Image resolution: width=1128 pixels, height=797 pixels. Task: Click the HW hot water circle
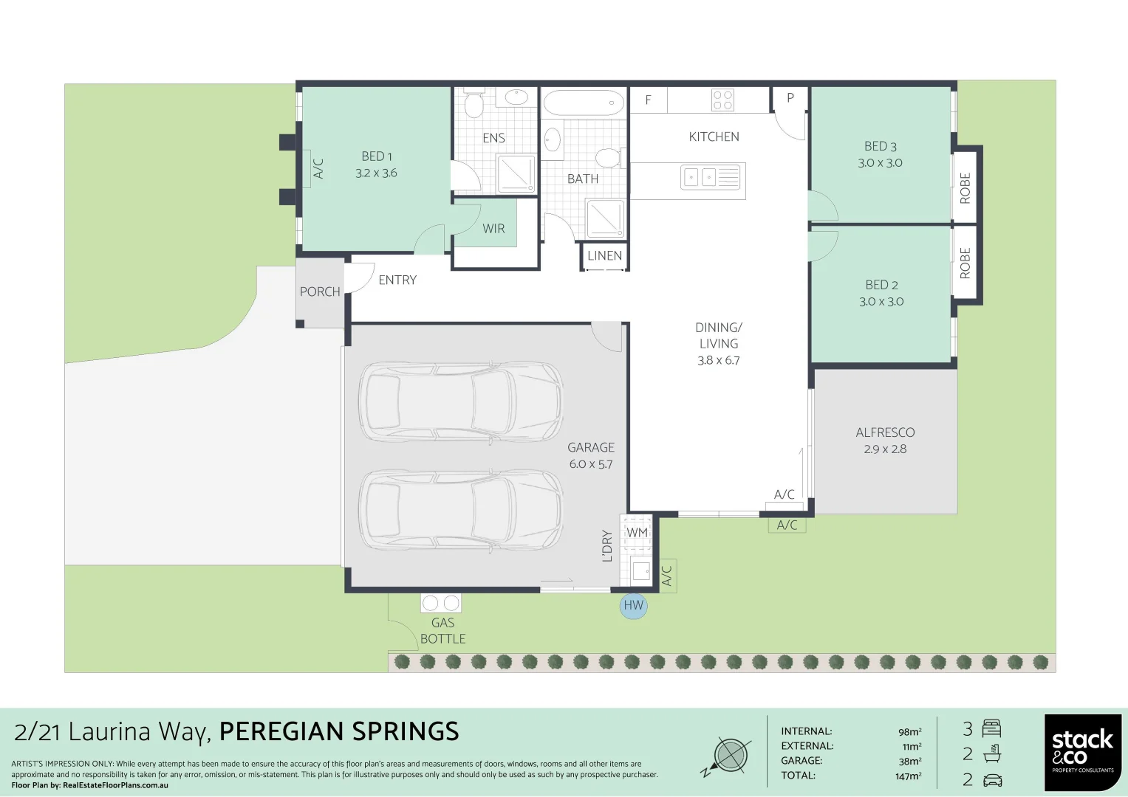click(634, 605)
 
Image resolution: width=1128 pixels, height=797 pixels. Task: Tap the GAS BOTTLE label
click(443, 631)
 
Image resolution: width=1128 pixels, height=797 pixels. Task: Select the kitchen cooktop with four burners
click(722, 100)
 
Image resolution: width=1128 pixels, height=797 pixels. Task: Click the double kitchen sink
click(713, 177)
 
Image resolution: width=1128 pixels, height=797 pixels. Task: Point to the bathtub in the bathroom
click(583, 103)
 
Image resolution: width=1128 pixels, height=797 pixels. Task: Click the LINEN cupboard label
click(605, 255)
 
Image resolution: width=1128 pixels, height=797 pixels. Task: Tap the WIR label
click(493, 229)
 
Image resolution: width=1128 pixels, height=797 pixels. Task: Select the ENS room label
click(493, 138)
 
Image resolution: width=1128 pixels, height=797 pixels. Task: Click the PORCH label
click(320, 291)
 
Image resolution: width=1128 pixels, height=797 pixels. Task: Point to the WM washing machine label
click(637, 532)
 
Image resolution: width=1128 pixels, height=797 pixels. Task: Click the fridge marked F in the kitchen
click(649, 100)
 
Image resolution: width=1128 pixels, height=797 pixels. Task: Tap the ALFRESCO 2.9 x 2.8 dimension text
click(885, 449)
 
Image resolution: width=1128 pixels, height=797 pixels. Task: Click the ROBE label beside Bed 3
click(965, 188)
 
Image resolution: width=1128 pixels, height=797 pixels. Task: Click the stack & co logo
click(1083, 753)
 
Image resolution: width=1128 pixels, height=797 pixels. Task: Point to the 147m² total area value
click(908, 776)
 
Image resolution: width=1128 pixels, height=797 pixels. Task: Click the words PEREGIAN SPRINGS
click(339, 731)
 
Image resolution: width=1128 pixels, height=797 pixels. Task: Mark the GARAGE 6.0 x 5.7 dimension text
click(591, 464)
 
